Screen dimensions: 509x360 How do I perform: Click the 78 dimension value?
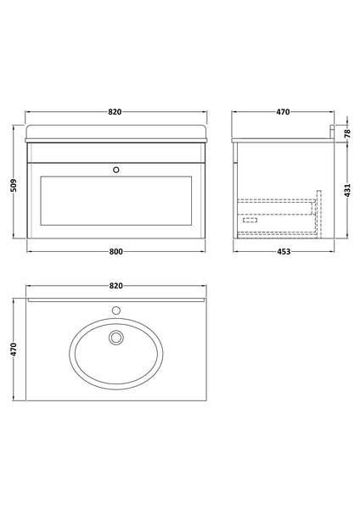coord(346,133)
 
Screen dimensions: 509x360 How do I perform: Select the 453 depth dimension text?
coord(283,252)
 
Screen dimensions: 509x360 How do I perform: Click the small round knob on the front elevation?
coord(116,170)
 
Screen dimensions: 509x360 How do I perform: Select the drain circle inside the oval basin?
coord(116,339)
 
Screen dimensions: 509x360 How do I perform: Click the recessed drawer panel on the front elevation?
coord(116,205)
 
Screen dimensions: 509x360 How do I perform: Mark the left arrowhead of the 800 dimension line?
coord(29,252)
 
